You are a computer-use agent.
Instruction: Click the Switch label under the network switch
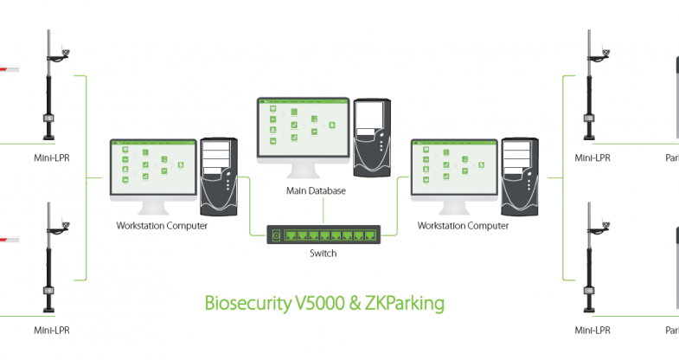click(322, 254)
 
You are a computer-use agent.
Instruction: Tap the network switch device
click(322, 235)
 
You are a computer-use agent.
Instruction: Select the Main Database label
click(321, 190)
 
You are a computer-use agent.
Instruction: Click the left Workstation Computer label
click(161, 226)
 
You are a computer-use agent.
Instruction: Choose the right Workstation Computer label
click(463, 226)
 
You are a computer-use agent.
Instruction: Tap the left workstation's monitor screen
click(151, 169)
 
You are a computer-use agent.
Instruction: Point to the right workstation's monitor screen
click(453, 169)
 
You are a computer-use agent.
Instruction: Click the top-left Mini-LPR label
click(52, 158)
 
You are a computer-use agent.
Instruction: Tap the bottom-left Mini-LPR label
click(52, 330)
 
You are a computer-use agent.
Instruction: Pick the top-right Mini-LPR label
click(593, 158)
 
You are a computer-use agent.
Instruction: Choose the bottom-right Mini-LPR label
click(593, 330)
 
